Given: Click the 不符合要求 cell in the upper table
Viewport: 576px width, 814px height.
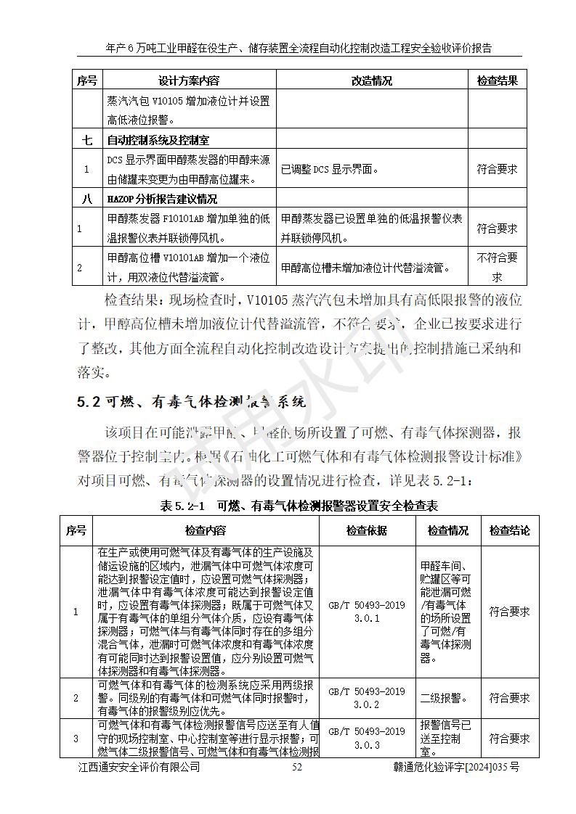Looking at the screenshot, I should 497,267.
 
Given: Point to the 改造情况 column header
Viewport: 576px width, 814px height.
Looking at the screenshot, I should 371,81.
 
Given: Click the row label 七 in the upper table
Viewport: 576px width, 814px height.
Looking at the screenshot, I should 86,140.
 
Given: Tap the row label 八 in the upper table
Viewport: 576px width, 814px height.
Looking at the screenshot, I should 86,199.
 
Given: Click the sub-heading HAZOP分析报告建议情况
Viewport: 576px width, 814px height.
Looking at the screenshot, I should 162,199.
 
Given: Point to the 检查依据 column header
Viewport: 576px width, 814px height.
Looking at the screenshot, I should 366,531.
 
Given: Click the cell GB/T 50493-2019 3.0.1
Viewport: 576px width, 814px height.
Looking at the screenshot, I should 366,611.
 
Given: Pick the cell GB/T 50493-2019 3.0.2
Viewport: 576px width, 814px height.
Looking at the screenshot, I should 366,698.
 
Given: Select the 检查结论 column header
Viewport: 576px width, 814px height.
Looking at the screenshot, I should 509,531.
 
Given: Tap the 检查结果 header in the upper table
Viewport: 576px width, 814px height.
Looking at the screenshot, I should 497,81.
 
